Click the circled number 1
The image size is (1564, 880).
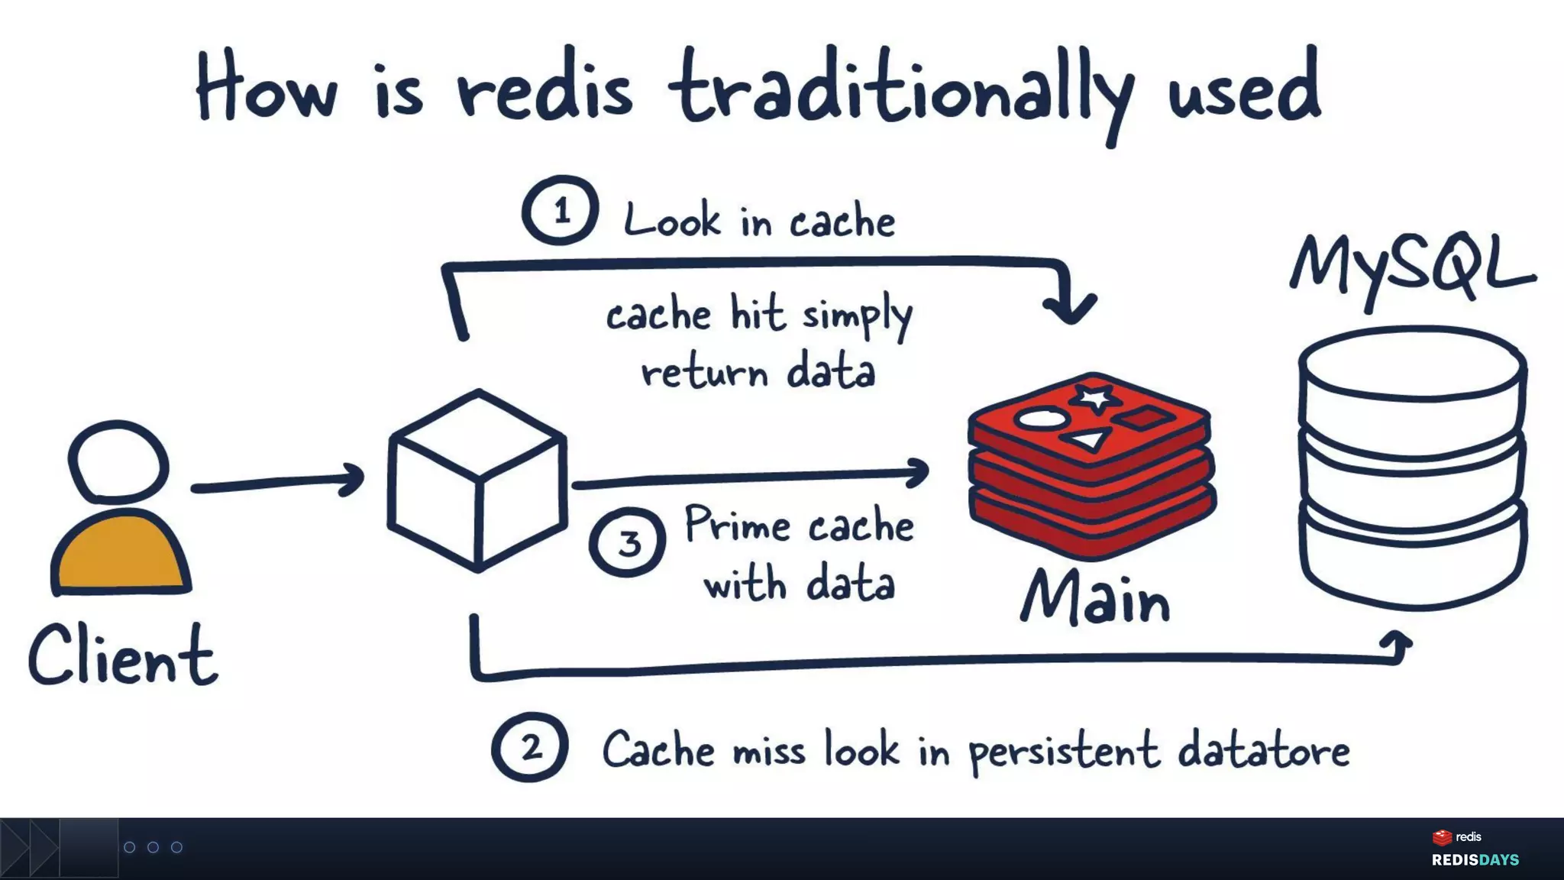560,210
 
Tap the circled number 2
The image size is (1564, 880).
529,747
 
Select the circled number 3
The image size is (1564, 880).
627,542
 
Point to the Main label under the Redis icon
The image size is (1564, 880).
1095,598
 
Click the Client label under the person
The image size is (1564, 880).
123,655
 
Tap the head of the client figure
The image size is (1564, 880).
118,461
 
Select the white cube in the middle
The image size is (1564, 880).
477,481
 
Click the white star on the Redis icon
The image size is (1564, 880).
1095,398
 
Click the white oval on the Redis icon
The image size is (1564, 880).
1040,419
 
